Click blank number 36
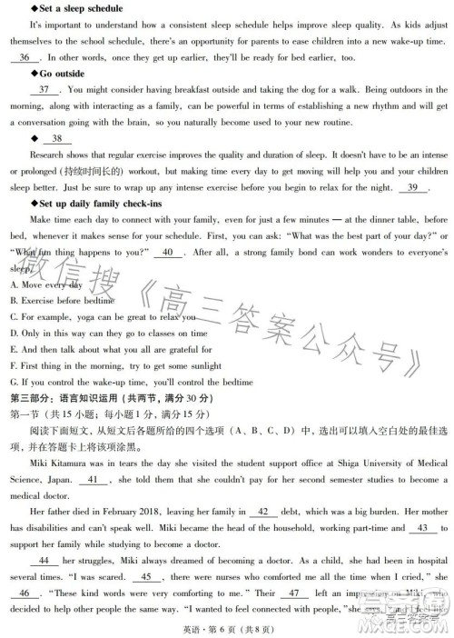(23, 56)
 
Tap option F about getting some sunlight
(113, 365)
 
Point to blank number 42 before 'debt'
(262, 512)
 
